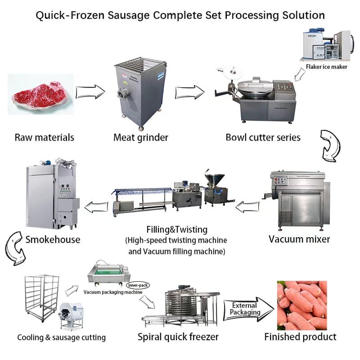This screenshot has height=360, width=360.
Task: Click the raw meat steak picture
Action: click(x=41, y=95)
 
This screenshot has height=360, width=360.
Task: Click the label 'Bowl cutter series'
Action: click(x=263, y=137)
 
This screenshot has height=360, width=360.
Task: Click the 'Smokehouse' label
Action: click(x=52, y=240)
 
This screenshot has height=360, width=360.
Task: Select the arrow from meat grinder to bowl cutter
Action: click(x=189, y=92)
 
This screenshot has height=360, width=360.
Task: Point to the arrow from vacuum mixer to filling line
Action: click(x=247, y=206)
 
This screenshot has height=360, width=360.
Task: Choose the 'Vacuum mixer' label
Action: click(x=299, y=239)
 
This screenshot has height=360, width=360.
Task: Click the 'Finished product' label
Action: click(x=300, y=337)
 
